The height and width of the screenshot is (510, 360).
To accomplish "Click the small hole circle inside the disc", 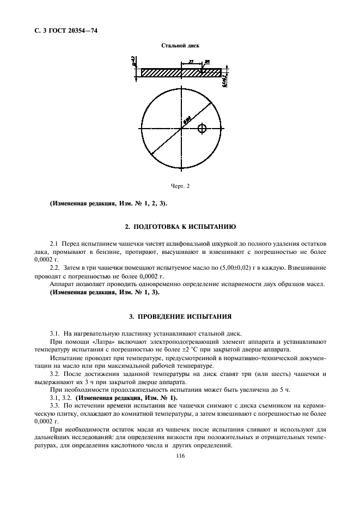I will pos(203,129).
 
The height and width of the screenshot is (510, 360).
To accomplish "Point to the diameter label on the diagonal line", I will pos(187,121).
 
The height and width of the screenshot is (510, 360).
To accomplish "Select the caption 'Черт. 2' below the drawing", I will pos(179,186).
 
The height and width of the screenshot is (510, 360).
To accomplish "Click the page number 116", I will pos(181,457).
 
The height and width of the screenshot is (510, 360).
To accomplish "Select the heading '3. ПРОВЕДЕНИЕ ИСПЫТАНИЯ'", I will pos(180,315).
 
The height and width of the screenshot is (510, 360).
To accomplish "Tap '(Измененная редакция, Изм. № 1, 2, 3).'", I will pos(109,204).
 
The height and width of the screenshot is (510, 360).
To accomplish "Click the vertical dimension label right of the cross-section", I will pos(225,81).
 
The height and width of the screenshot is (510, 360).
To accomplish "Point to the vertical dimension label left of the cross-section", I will pos(134,63).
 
